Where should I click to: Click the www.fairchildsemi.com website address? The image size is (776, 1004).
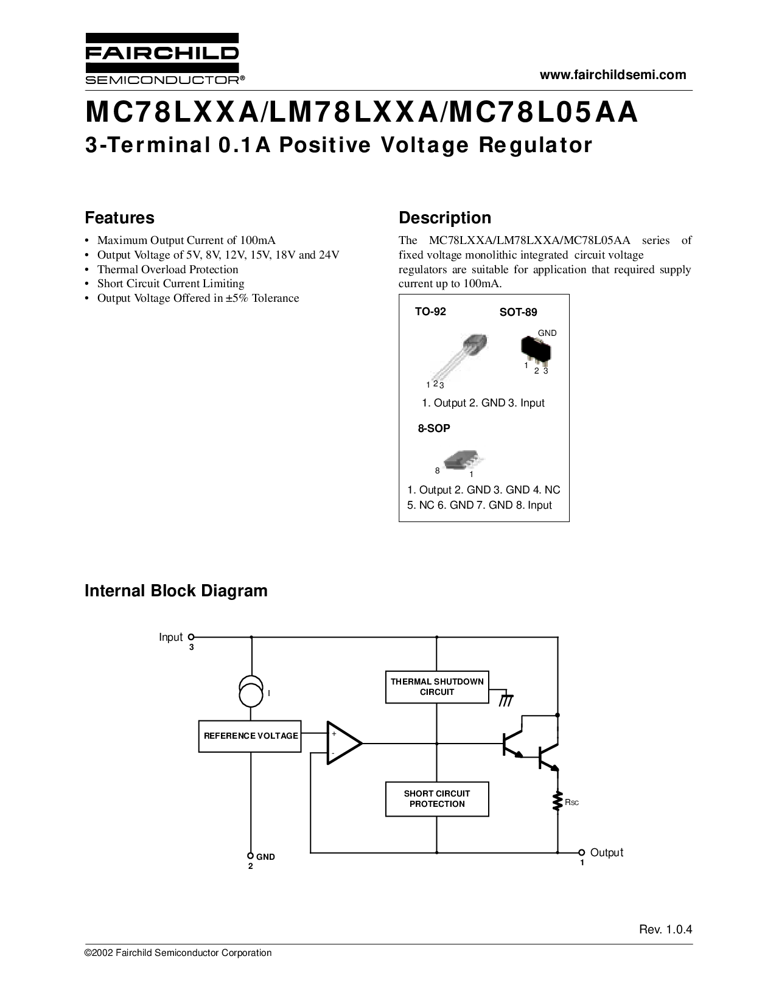[x=613, y=75]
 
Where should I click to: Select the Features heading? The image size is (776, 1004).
[x=119, y=218]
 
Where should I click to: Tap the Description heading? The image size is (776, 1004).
[x=444, y=218]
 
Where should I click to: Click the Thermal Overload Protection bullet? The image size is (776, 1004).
[x=167, y=269]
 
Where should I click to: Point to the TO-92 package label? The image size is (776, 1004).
[x=430, y=312]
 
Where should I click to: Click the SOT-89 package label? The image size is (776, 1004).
[x=518, y=312]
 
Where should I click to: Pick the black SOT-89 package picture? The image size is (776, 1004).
[x=536, y=350]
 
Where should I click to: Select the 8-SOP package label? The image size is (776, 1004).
[x=434, y=428]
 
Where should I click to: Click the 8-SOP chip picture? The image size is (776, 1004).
[x=463, y=461]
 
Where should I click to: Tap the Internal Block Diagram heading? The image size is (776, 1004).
[x=176, y=591]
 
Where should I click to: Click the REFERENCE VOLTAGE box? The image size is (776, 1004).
[x=250, y=736]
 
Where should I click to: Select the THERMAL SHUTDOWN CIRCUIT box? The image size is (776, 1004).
[x=437, y=687]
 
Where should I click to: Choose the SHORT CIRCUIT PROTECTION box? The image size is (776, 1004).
[x=437, y=799]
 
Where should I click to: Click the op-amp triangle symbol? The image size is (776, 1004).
[x=343, y=743]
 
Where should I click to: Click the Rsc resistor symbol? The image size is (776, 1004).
[x=557, y=801]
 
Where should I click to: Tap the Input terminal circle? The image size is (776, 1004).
[x=191, y=637]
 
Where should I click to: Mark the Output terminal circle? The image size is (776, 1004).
[x=581, y=852]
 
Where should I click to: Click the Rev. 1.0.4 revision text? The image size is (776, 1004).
[x=666, y=930]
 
